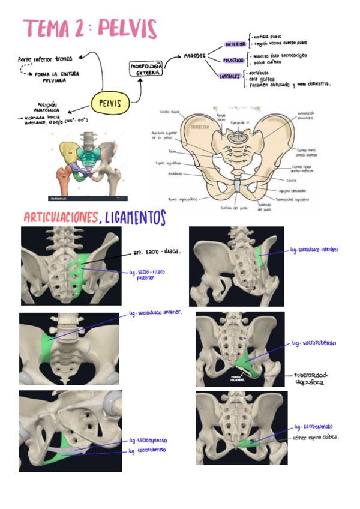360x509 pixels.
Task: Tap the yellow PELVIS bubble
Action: [110, 103]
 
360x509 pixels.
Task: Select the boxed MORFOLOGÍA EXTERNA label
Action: [145, 68]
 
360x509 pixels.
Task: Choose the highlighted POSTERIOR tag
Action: [233, 61]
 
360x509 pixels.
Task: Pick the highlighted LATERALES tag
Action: [230, 77]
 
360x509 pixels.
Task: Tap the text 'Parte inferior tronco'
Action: [44, 59]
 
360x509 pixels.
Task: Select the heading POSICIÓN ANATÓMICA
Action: [47, 106]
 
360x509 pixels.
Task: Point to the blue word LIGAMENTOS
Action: [135, 217]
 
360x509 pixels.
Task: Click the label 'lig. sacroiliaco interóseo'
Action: [314, 249]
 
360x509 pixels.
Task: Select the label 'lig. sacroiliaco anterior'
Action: [155, 313]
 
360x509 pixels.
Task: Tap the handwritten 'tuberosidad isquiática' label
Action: [311, 378]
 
